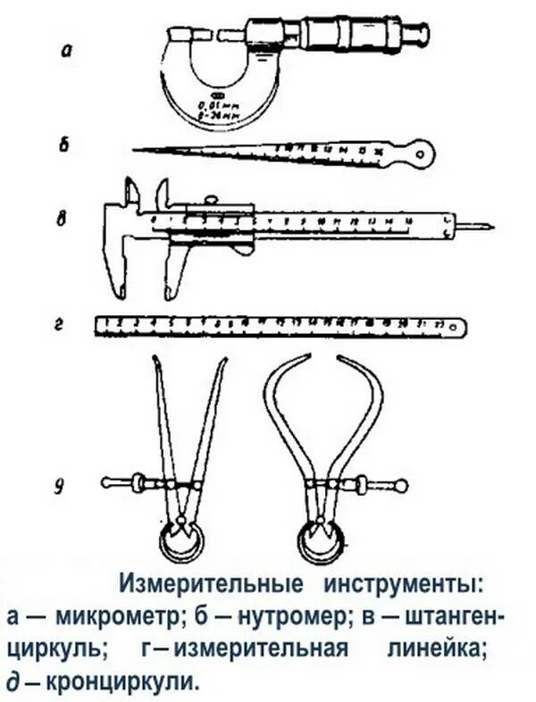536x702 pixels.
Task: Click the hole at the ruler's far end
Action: [x=460, y=326]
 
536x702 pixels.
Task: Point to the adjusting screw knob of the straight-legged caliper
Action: [x=107, y=483]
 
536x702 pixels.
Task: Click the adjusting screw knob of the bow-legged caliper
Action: [x=401, y=486]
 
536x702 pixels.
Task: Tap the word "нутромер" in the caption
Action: [x=300, y=617]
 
